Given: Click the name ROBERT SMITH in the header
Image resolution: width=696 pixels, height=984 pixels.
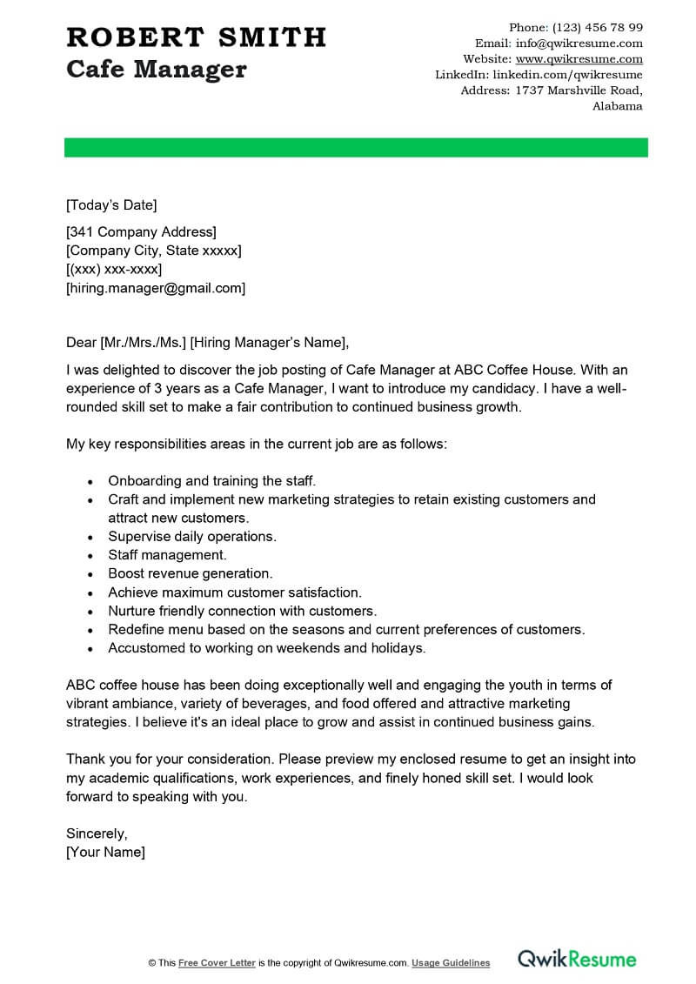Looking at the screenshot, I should tap(196, 37).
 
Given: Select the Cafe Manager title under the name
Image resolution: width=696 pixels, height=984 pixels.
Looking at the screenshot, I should tap(157, 70).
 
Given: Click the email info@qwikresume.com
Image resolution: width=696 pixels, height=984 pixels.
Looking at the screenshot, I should tap(579, 43).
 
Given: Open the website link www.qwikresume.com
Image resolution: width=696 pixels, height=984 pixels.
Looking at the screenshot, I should tap(579, 59).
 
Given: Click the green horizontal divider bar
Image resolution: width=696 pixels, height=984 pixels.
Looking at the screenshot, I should tap(356, 147).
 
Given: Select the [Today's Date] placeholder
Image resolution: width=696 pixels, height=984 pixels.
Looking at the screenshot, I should tap(111, 205).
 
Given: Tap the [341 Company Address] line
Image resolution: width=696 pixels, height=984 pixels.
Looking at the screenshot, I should tap(141, 231).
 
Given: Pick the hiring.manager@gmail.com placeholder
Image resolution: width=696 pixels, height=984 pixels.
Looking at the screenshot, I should tap(156, 288).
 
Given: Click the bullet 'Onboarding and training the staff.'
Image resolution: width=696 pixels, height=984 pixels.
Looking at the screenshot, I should tap(211, 480).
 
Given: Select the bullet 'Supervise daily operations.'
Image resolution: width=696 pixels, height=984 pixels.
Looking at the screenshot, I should tap(192, 537).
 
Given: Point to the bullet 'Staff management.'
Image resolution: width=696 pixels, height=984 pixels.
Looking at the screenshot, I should tap(167, 555).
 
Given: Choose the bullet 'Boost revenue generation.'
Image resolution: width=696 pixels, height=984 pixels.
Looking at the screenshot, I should tap(191, 573).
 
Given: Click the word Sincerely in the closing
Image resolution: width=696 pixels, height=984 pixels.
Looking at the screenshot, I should tap(97, 833).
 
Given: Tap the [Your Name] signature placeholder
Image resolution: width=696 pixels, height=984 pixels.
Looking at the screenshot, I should tap(105, 852).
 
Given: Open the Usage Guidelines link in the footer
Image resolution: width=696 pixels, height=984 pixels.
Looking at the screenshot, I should tap(451, 963).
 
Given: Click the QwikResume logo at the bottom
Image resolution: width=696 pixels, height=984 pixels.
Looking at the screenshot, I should tap(577, 959).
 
